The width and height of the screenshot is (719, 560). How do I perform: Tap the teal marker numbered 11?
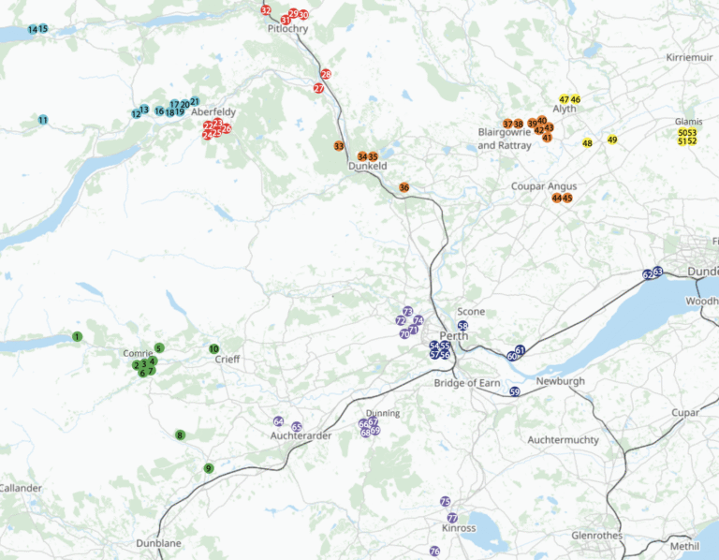pyautogui.click(x=43, y=120)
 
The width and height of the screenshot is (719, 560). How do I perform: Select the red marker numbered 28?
pyautogui.click(x=326, y=74)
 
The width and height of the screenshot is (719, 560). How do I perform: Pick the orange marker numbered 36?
pyautogui.click(x=404, y=187)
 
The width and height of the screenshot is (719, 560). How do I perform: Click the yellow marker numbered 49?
pyautogui.click(x=612, y=140)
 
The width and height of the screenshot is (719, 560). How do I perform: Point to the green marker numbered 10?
pyautogui.click(x=213, y=349)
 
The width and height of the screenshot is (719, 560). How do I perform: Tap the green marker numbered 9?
pyautogui.click(x=209, y=468)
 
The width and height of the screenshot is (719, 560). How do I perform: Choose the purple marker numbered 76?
pyautogui.click(x=434, y=552)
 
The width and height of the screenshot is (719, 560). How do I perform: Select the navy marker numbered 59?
pyautogui.click(x=515, y=392)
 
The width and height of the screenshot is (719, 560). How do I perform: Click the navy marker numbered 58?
pyautogui.click(x=462, y=325)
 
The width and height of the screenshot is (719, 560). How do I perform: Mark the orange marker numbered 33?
pyautogui.click(x=339, y=146)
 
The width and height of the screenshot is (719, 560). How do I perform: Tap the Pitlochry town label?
pyautogui.click(x=287, y=29)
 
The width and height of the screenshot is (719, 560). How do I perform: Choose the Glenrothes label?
pyautogui.click(x=596, y=536)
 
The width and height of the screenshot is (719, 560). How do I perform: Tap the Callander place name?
pyautogui.click(x=21, y=489)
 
